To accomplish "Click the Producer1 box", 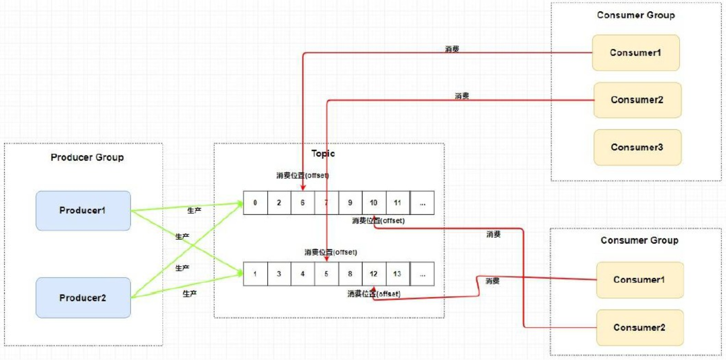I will point(83,210).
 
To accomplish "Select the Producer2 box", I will point(83,298).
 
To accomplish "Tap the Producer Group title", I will point(87,157).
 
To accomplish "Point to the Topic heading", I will point(323,153).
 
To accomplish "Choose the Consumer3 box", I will point(637,147).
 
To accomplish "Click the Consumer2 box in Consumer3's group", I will point(637,100).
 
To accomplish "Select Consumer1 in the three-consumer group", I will point(635,53).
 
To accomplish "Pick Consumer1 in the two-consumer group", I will point(639,280).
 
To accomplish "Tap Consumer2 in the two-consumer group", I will point(639,328).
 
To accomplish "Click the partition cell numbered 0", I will point(255,202).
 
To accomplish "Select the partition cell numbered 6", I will point(303,202).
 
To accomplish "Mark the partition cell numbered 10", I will point(374,202).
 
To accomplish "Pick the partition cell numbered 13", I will point(397,274).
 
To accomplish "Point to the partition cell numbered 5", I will point(326,274).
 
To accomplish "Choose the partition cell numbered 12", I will point(374,274).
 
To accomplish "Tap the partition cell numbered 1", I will point(255,274).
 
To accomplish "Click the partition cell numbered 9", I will point(350,202).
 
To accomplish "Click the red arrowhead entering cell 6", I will point(303,188).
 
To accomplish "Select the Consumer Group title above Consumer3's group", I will point(635,15).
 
